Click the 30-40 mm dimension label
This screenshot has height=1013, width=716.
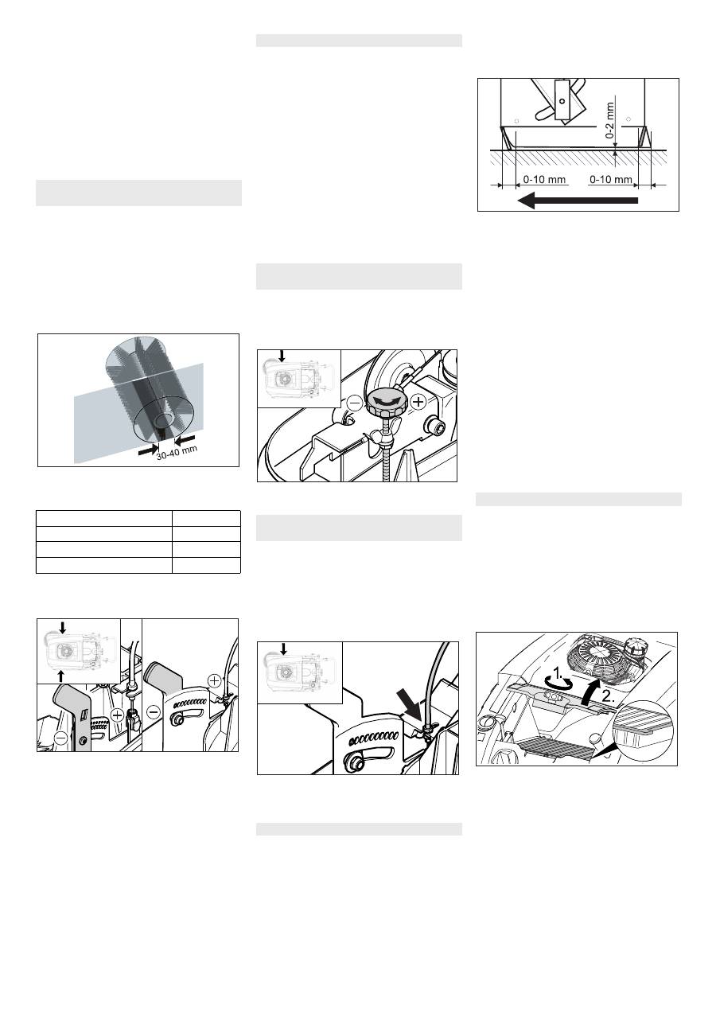coord(177,453)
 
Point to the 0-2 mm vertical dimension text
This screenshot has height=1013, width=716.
coord(610,120)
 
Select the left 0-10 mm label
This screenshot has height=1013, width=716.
coord(544,179)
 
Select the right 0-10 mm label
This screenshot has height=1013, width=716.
coord(611,179)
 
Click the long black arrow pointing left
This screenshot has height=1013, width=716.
coord(578,200)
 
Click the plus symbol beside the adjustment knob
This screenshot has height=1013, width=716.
coord(418,402)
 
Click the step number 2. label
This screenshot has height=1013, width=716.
coord(609,696)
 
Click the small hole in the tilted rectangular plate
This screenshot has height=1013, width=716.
coord(562,101)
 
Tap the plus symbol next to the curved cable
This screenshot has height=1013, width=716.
coord(214,680)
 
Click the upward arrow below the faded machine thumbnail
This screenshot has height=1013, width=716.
coord(61,676)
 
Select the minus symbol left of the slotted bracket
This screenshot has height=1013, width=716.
coord(154,713)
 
